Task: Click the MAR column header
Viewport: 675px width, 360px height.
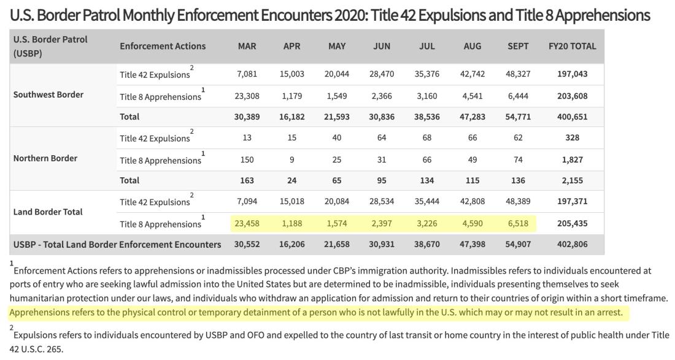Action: pos(247,46)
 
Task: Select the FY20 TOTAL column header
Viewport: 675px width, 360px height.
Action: pos(572,46)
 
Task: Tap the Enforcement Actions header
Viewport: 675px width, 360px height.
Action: pos(163,46)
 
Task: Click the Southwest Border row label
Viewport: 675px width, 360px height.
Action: pos(48,94)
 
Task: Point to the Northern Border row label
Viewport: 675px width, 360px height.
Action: pos(45,158)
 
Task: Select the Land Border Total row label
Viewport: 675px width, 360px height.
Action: pos(48,212)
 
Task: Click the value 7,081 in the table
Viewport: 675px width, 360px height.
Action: pos(247,74)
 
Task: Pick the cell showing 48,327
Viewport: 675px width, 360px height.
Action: pos(518,74)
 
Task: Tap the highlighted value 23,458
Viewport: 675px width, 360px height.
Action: pos(247,224)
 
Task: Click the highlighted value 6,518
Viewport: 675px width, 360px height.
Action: pos(518,224)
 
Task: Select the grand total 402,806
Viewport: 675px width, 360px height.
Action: pos(572,244)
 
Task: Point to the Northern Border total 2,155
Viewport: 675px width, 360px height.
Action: pos(572,181)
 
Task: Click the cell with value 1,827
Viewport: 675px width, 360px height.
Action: pos(572,160)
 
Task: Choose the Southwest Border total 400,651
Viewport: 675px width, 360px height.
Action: pos(572,117)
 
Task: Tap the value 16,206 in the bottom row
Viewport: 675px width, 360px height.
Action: pos(292,244)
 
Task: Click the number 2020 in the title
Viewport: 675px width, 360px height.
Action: pos(350,15)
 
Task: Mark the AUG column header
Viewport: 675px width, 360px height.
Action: pos(472,46)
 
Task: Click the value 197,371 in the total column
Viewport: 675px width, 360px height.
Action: pos(572,201)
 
